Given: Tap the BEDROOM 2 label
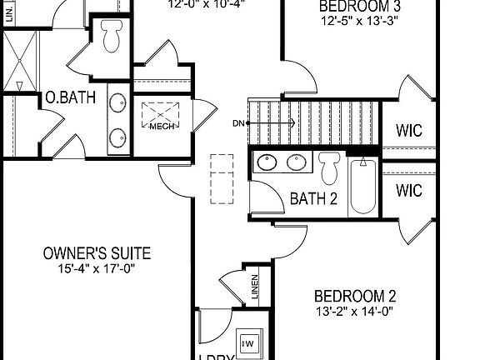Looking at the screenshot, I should pyautogui.click(x=354, y=296).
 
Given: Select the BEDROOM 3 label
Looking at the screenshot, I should pyautogui.click(x=354, y=7).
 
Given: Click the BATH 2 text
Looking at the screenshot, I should pyautogui.click(x=313, y=198).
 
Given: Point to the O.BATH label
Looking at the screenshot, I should pyautogui.click(x=71, y=98).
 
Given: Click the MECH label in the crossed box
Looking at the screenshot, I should pyautogui.click(x=162, y=127).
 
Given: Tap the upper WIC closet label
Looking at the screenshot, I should pyautogui.click(x=409, y=131).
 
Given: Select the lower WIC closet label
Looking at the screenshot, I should pyautogui.click(x=409, y=191).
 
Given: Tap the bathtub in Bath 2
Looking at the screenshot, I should pyautogui.click(x=362, y=187).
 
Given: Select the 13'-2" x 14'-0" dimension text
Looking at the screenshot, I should pyautogui.click(x=354, y=312).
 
